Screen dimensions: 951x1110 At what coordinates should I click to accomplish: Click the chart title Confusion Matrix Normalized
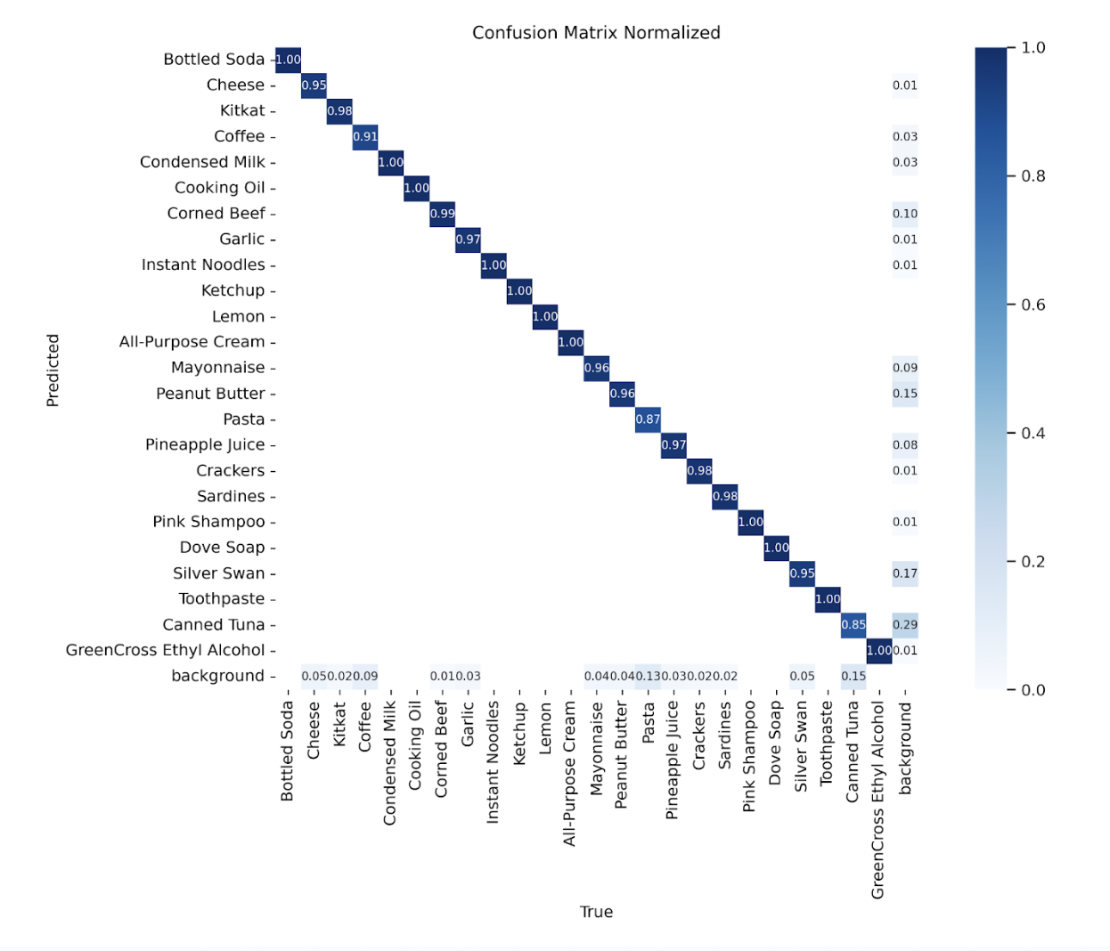click(x=596, y=33)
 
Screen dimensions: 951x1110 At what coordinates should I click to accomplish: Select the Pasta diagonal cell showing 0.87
click(x=648, y=419)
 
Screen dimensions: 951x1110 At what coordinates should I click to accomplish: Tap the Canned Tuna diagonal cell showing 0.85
click(x=853, y=625)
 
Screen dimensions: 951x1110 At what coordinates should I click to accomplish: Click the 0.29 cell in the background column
click(x=904, y=625)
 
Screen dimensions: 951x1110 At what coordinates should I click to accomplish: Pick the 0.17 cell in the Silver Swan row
click(x=904, y=573)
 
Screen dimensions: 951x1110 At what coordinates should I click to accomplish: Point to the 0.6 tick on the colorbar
click(x=1032, y=305)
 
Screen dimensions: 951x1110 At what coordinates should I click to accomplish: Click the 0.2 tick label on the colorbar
click(x=1032, y=562)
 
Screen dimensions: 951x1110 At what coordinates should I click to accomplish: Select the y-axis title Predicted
click(x=53, y=370)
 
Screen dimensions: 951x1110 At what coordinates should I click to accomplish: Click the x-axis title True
click(x=596, y=912)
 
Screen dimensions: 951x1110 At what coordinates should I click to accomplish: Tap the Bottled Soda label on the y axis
click(x=214, y=60)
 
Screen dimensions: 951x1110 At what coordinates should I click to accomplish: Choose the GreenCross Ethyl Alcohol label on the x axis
click(x=878, y=800)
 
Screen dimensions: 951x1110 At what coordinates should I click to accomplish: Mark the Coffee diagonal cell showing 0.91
click(x=364, y=137)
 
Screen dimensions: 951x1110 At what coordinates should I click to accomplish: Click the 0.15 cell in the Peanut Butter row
click(x=904, y=394)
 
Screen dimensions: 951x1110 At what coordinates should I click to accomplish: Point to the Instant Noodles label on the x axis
click(x=493, y=761)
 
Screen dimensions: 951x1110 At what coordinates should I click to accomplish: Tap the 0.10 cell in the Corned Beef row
click(x=904, y=214)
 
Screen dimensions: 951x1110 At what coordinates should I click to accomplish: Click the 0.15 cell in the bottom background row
click(x=853, y=677)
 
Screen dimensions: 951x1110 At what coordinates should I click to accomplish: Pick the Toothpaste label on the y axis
click(x=221, y=599)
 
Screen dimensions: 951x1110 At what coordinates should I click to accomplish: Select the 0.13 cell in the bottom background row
click(x=648, y=677)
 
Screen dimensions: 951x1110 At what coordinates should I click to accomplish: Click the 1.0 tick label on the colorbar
click(x=1032, y=48)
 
